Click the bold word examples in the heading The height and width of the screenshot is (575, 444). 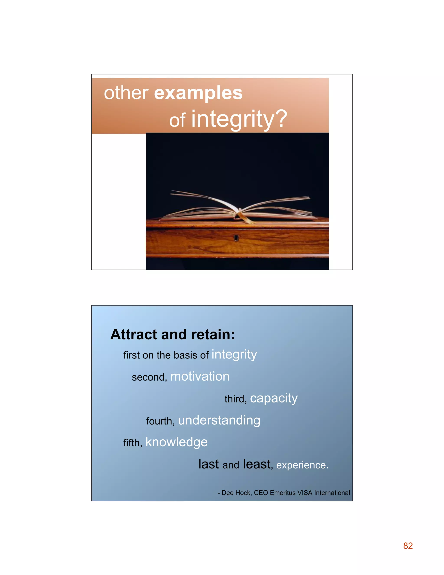point(198,94)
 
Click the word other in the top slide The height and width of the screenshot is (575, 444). point(126,93)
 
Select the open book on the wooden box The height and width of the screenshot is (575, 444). point(239,208)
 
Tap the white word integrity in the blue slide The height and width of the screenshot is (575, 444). point(234,355)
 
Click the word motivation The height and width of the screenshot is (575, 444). point(200,376)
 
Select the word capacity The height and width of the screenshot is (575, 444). point(274,399)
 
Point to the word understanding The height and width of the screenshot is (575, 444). point(219,421)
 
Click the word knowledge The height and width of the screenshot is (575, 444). point(176,442)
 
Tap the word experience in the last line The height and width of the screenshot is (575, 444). point(302,465)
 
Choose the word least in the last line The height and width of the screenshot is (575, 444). point(257,464)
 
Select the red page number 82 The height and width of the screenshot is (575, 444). point(408,546)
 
